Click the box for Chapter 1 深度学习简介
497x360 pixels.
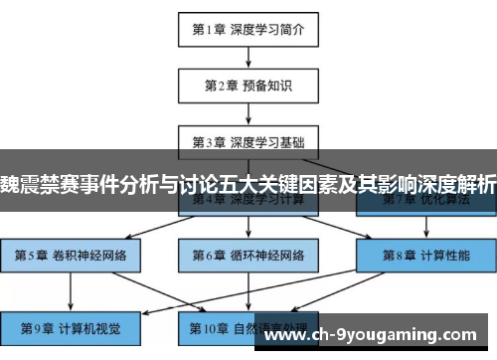[x=248, y=29]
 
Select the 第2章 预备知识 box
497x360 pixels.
[x=248, y=86]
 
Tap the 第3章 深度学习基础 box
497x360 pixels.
[x=248, y=141]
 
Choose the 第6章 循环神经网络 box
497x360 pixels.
[x=248, y=254]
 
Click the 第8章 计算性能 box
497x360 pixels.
[x=424, y=254]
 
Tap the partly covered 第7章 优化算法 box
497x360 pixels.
[x=424, y=202]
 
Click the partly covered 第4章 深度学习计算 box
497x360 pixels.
[x=248, y=202]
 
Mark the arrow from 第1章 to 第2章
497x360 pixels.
[x=248, y=58]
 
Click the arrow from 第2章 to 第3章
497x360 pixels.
[x=248, y=113]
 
